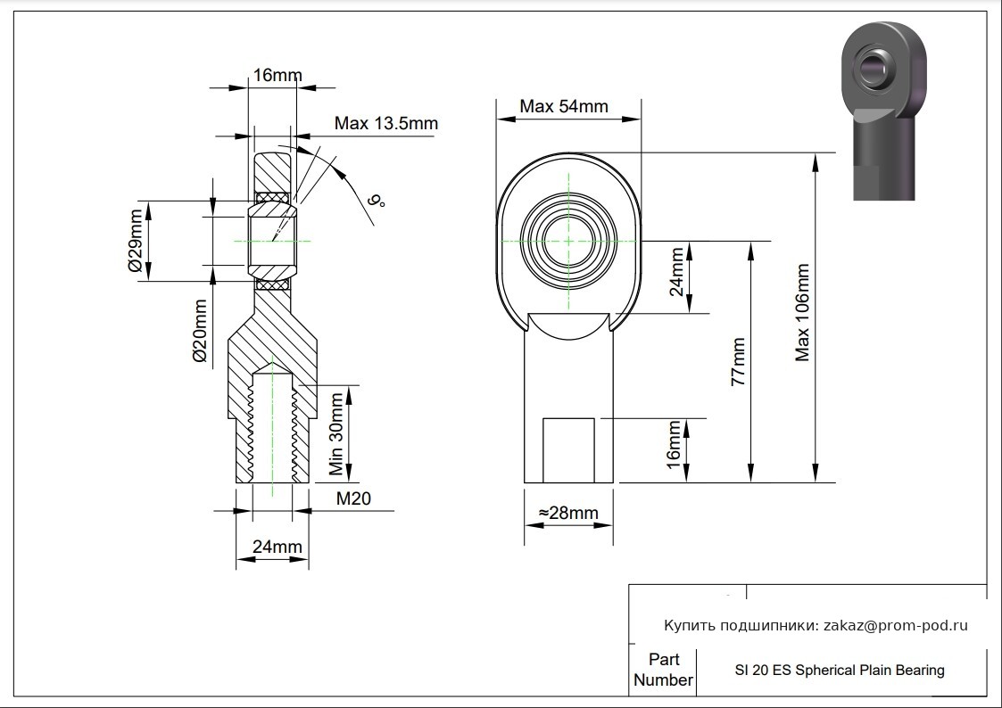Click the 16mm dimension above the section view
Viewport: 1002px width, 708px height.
pos(277,75)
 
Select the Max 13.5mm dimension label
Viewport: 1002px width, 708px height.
pos(386,122)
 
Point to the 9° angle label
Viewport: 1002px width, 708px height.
pos(377,202)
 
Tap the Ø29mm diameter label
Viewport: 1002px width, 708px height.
pos(137,241)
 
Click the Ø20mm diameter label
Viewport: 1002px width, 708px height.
pos(200,331)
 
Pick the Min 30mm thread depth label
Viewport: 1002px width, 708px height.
pos(336,433)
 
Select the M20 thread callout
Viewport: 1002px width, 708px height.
pos(353,498)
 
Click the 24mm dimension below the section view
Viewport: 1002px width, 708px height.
pos(277,547)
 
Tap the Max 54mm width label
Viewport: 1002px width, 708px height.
pos(564,106)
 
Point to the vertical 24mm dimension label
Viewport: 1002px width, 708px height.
pos(675,272)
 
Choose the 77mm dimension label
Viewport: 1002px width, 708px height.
pos(738,361)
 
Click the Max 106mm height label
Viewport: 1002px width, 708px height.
pos(802,313)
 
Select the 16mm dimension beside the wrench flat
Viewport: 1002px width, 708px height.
pos(674,444)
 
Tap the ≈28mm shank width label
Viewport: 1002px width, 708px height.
pos(568,513)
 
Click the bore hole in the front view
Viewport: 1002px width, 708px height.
pos(568,241)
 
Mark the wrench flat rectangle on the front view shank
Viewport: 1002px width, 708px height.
pos(568,450)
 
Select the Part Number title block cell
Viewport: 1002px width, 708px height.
pos(663,670)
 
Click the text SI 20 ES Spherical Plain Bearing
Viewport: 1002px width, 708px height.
pos(840,671)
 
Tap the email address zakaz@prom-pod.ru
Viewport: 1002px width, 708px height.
pos(896,626)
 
